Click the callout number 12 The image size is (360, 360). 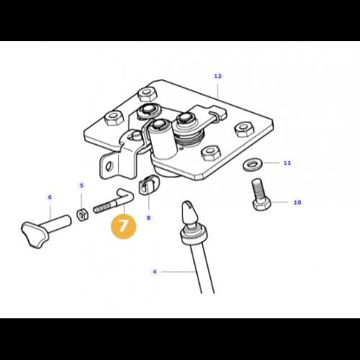[x=217, y=76]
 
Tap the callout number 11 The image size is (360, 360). [x=287, y=163]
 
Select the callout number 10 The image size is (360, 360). [x=297, y=202]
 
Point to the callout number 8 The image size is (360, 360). [x=148, y=217]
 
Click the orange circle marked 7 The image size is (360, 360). [x=123, y=226]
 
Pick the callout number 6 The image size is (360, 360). [x=50, y=197]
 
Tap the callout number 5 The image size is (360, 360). [x=81, y=186]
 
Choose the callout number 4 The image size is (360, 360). [x=155, y=271]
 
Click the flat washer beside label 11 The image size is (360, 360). [x=251, y=164]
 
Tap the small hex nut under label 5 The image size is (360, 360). [x=82, y=215]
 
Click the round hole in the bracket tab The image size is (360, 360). [x=109, y=166]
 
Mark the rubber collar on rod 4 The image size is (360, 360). [x=194, y=236]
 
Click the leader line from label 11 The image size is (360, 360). [x=271, y=163]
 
